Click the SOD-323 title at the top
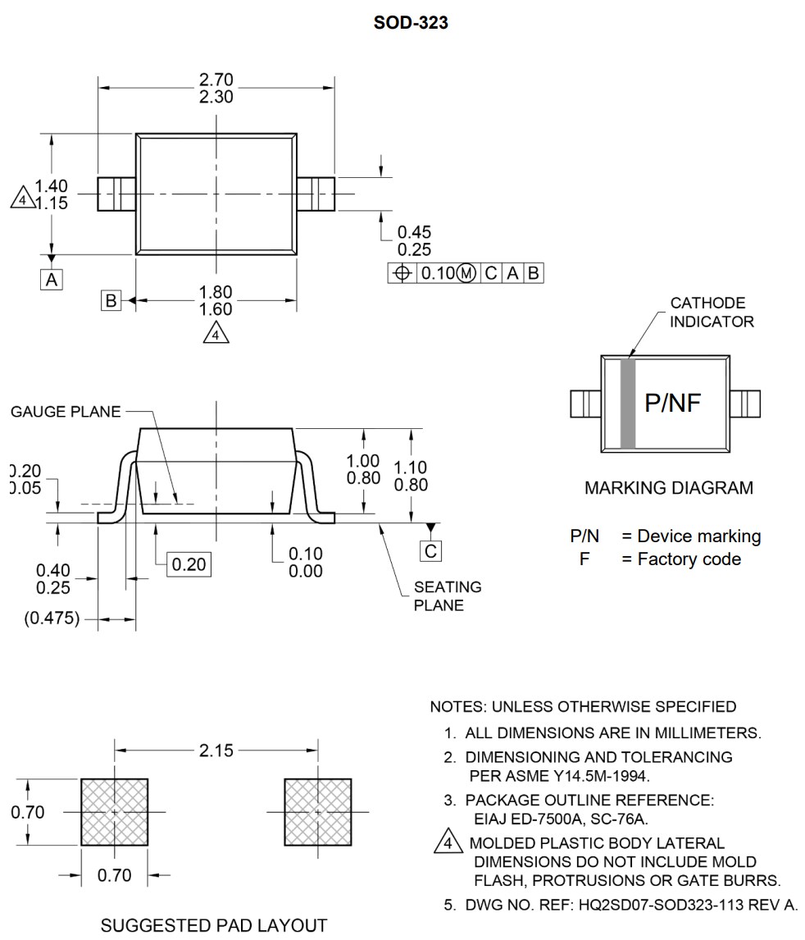click(x=411, y=23)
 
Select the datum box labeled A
click(x=52, y=280)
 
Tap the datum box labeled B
click(x=111, y=300)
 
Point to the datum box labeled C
click(x=430, y=550)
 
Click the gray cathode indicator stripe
click(x=628, y=404)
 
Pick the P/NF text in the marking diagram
click(x=673, y=403)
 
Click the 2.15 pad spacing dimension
click(x=216, y=750)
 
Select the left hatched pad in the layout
click(x=114, y=812)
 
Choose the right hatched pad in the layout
click(x=318, y=812)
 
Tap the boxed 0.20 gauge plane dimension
click(x=189, y=564)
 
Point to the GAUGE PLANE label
click(x=66, y=412)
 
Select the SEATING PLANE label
click(x=447, y=596)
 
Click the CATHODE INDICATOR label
click(x=712, y=313)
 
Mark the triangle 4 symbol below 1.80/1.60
click(x=216, y=334)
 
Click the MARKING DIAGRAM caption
click(x=668, y=488)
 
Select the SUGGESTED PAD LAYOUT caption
click(x=213, y=926)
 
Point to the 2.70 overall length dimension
click(x=216, y=80)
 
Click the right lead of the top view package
click(x=316, y=194)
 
